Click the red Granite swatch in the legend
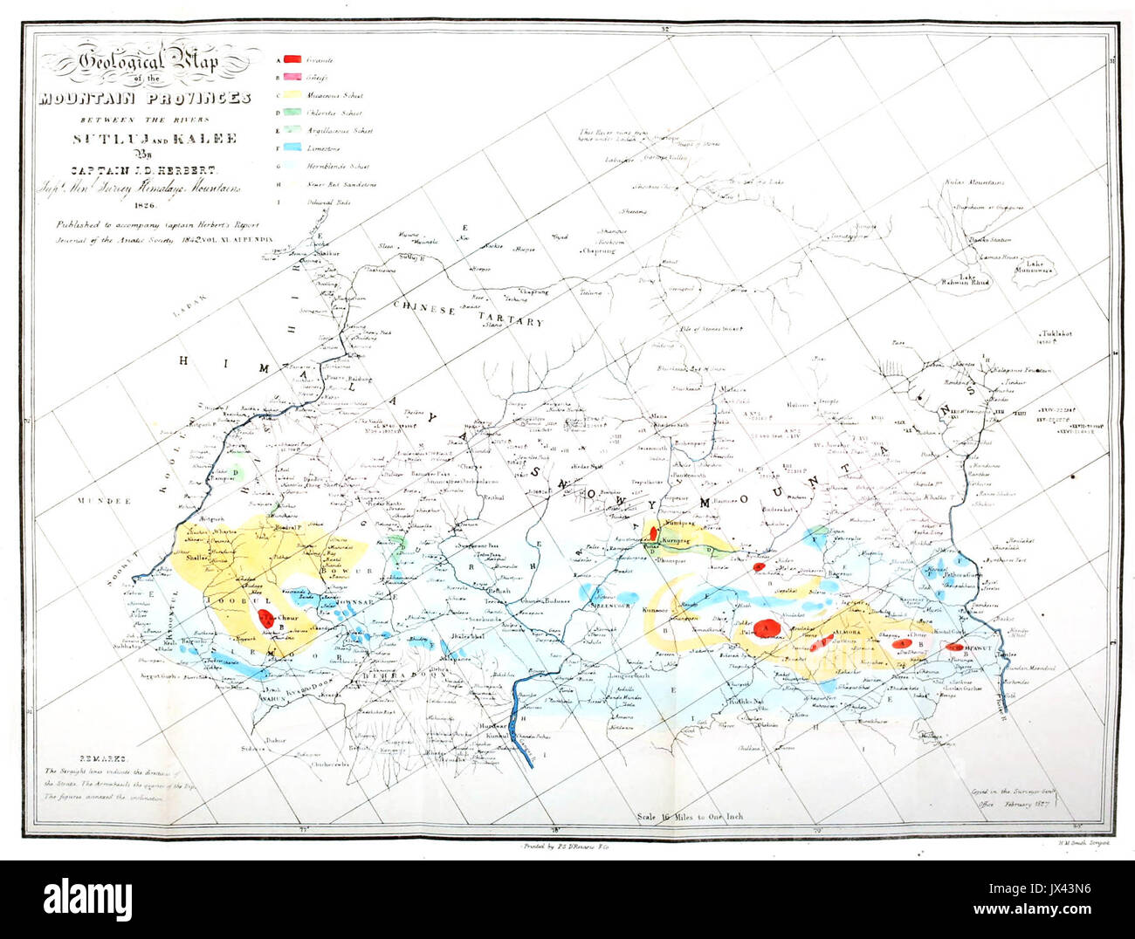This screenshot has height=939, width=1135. tap(293, 59)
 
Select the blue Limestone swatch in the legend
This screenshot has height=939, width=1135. tap(293, 148)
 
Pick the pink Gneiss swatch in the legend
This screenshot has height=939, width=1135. tap(293, 78)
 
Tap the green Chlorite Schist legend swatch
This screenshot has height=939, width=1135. tap(293, 113)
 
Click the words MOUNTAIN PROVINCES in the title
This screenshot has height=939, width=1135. tap(145, 98)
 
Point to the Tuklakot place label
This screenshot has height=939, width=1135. tap(1055, 334)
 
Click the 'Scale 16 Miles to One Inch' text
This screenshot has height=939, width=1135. tap(690, 817)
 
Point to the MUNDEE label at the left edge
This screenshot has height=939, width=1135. tap(103, 502)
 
